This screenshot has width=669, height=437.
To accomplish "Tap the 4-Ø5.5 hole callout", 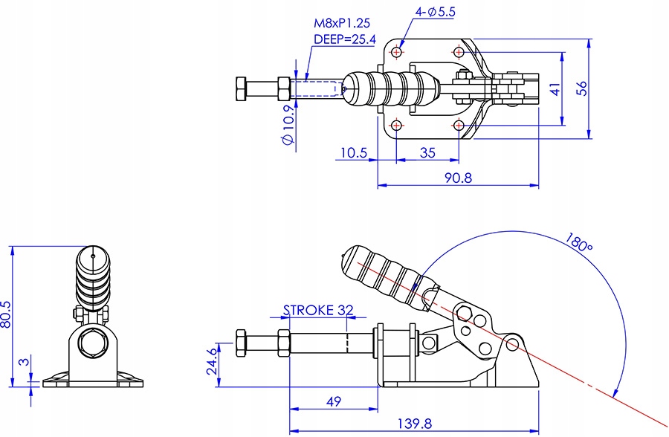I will (436, 12).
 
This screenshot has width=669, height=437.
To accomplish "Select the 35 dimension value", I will (427, 153).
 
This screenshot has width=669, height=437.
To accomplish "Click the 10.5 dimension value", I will (354, 153).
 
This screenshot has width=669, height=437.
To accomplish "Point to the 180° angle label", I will (578, 242).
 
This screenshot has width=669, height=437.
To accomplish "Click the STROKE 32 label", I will (317, 310).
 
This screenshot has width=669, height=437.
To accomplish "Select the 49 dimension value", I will (334, 401).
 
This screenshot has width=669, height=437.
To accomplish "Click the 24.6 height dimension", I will (211, 360).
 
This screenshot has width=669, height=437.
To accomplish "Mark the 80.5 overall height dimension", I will (7, 313).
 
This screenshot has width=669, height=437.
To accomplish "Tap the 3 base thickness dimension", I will (25, 362).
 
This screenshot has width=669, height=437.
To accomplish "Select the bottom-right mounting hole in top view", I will (459, 124).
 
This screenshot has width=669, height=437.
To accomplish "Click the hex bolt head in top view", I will (242, 88).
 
